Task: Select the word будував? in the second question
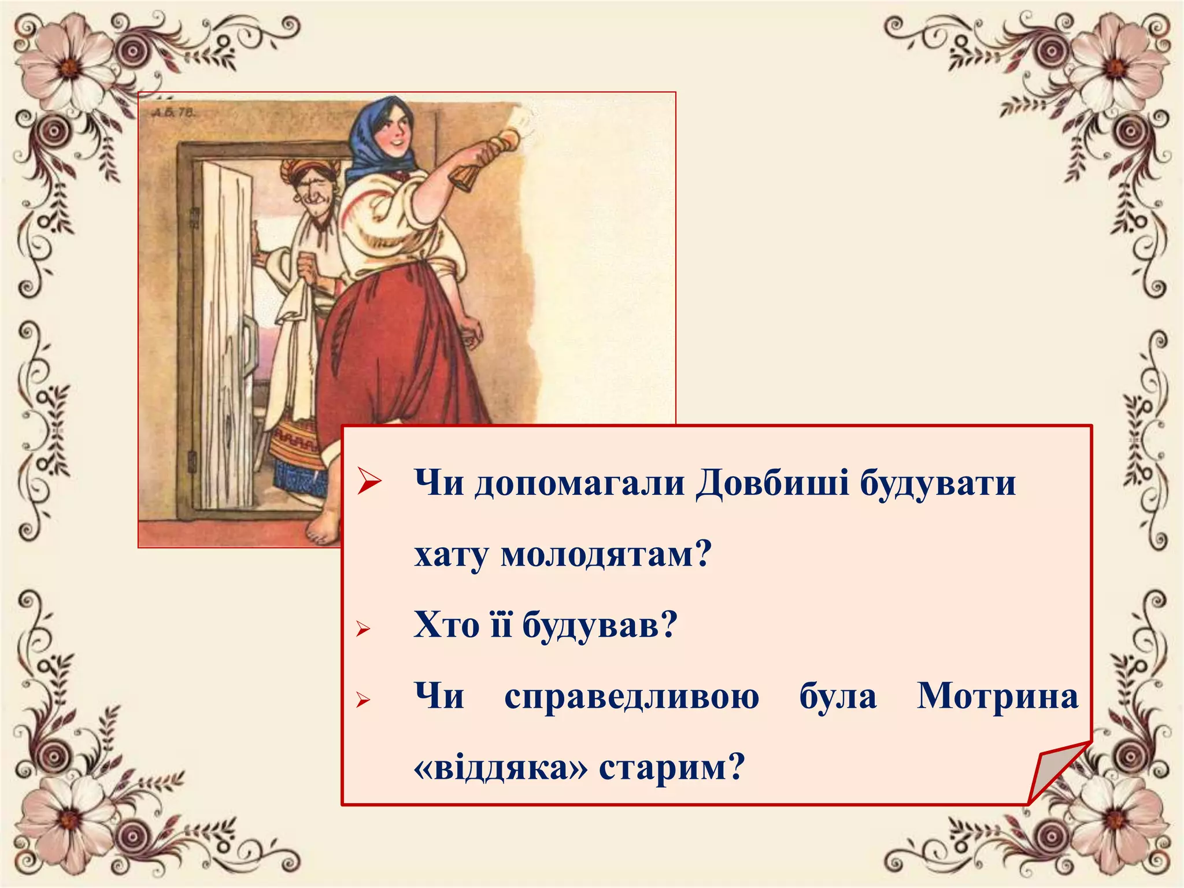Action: pyautogui.click(x=600, y=625)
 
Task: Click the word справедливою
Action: pyautogui.click(x=631, y=697)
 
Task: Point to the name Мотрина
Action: pyautogui.click(x=997, y=697)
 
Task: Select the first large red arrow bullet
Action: pyautogui.click(x=369, y=481)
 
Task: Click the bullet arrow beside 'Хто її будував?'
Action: pyautogui.click(x=363, y=628)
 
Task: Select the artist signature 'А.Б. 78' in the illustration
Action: pyautogui.click(x=172, y=112)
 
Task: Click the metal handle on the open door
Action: pyautogui.click(x=249, y=347)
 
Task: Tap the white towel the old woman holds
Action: pyautogui.click(x=295, y=347)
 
